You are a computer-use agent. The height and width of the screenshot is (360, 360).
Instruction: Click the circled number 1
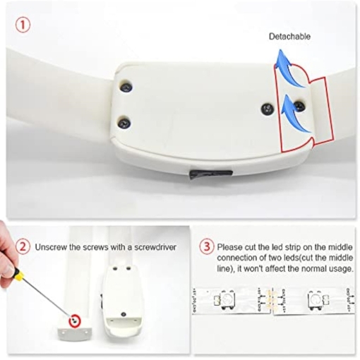[23, 25]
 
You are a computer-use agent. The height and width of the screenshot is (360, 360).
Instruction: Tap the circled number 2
[23, 247]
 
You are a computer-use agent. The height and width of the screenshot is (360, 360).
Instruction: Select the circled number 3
[207, 247]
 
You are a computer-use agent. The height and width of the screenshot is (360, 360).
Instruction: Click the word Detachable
[289, 37]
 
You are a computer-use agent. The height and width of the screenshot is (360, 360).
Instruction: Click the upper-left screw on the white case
[126, 87]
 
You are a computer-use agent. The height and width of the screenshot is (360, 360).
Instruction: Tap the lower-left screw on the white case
[124, 123]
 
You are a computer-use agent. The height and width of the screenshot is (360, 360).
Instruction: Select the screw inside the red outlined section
[299, 106]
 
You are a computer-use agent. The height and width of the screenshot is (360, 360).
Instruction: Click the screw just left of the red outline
[268, 108]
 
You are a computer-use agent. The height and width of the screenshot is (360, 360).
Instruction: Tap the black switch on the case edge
[211, 174]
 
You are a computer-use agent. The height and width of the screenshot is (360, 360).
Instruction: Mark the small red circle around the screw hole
[75, 320]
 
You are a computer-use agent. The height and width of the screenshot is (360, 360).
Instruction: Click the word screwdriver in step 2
[155, 247]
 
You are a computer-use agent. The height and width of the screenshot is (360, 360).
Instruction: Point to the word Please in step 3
[229, 247]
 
